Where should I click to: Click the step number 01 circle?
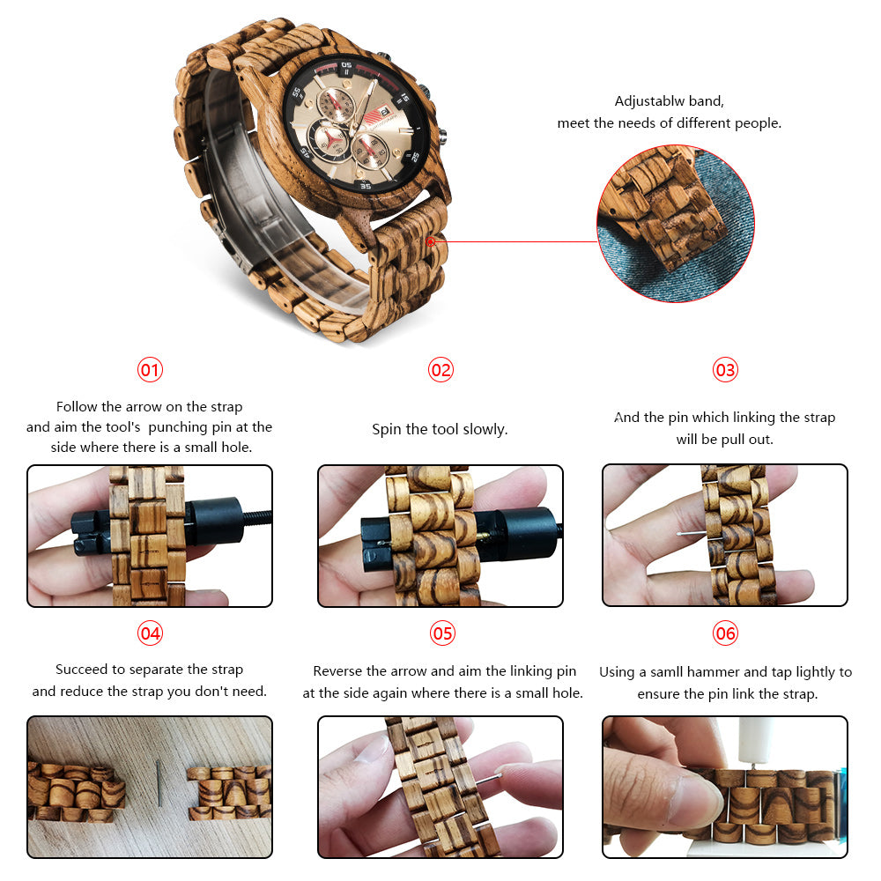151,370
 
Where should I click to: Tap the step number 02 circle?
440,370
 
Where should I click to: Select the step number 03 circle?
725,370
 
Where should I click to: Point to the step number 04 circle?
151,633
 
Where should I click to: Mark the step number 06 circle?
725,633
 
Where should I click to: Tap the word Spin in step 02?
387,430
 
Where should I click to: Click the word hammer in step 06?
719,672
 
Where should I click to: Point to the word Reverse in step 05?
339,671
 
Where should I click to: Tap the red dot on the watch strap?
431,240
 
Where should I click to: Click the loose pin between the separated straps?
159,783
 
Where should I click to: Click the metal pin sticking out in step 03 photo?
690,534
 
